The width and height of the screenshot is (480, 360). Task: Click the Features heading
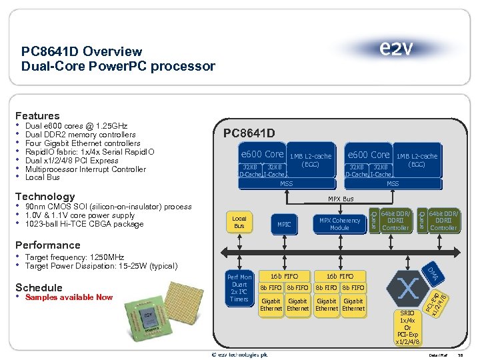(x=38, y=116)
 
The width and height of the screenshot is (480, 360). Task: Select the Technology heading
(x=45, y=196)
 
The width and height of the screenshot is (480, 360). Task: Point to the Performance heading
(x=47, y=245)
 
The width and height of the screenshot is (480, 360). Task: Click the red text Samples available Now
(x=69, y=297)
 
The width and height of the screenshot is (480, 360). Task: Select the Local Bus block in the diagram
(x=239, y=222)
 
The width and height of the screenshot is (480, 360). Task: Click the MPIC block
(x=284, y=225)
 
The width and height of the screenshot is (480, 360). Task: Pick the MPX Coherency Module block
(x=339, y=224)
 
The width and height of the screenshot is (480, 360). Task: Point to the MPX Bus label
(x=341, y=199)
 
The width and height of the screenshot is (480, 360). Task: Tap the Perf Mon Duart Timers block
(x=239, y=288)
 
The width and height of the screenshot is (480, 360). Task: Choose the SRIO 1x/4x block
(x=407, y=327)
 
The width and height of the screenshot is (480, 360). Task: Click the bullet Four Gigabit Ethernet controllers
(x=83, y=143)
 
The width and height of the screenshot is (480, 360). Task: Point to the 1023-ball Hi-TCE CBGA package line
(x=84, y=224)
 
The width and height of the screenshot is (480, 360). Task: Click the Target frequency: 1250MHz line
(x=74, y=257)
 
